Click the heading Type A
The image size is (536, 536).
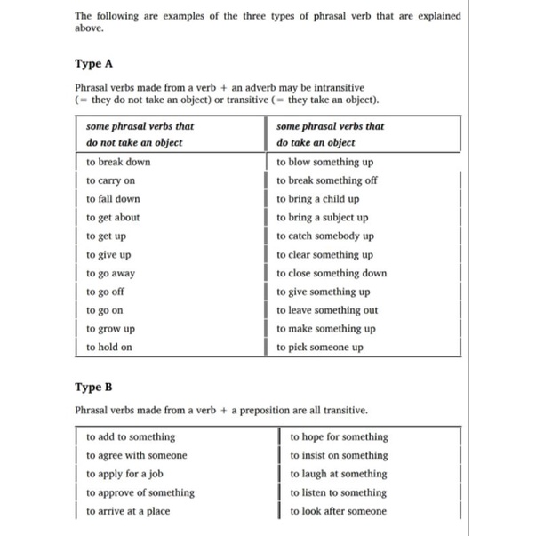(94, 65)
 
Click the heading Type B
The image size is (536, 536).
(94, 387)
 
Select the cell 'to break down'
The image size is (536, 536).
(118, 162)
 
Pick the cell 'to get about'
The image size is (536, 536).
(113, 217)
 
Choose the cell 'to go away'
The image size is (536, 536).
(111, 273)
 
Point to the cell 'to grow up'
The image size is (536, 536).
(110, 329)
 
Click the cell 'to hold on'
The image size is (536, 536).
(109, 348)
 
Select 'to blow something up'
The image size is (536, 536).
(324, 162)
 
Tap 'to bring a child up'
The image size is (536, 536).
(318, 199)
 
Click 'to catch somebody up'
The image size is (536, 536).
(325, 236)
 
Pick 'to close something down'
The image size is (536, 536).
(332, 273)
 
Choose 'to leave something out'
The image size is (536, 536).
(327, 310)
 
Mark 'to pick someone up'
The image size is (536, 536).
(320, 348)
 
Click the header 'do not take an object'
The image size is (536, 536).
(134, 143)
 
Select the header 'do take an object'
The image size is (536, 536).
(316, 143)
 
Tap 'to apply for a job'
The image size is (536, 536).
(124, 474)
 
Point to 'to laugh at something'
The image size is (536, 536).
(339, 474)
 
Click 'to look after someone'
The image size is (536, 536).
(339, 511)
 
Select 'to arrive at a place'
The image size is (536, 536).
(128, 511)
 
